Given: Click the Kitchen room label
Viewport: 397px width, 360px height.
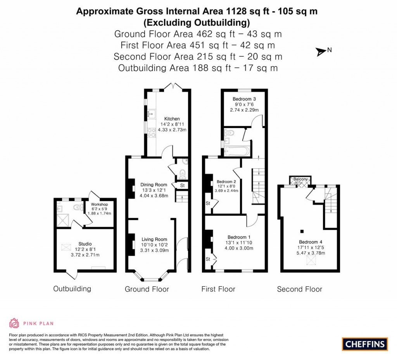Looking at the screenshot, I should click(172, 119).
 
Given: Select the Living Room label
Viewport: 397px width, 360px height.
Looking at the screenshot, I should click(154, 239).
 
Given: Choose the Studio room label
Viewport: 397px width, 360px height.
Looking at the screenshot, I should click(85, 244).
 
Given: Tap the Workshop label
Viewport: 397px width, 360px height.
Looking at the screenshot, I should click(99, 204).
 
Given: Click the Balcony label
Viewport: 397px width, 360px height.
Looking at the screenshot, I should click(301, 179).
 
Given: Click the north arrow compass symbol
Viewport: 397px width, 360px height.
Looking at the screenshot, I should click(321, 51).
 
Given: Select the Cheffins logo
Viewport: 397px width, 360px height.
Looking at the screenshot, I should click(365, 344).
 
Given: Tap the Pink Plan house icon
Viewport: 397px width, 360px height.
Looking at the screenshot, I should click(14, 323).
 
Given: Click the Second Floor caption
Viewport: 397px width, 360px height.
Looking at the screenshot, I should click(299, 289).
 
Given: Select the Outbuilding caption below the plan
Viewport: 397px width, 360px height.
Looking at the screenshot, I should click(72, 289).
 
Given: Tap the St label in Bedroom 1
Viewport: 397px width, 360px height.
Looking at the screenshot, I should click(207, 259).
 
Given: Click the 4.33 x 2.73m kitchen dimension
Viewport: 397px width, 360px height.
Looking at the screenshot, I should click(172, 130).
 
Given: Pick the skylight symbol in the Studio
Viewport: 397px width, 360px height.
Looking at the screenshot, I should click(67, 247).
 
